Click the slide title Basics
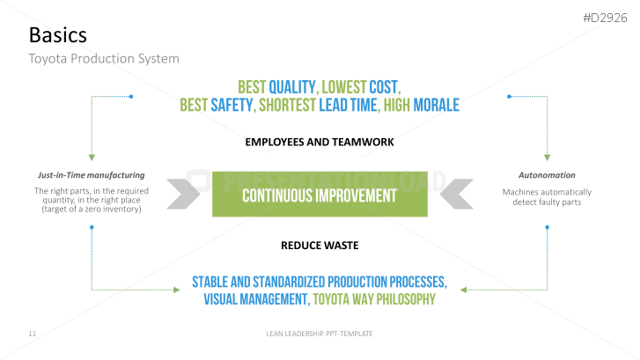58,35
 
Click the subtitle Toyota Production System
104,59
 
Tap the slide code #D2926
605,18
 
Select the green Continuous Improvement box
320,194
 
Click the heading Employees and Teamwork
320,142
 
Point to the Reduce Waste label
320,246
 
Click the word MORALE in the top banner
437,106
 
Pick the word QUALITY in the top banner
292,87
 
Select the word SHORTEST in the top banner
287,106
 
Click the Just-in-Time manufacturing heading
91,175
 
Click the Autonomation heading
547,175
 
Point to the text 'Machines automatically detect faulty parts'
547,197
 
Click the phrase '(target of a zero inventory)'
92,209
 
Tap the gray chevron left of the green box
183,194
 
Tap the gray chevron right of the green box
457,194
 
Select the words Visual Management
256,299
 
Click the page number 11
33,334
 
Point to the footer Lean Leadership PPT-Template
320,334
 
